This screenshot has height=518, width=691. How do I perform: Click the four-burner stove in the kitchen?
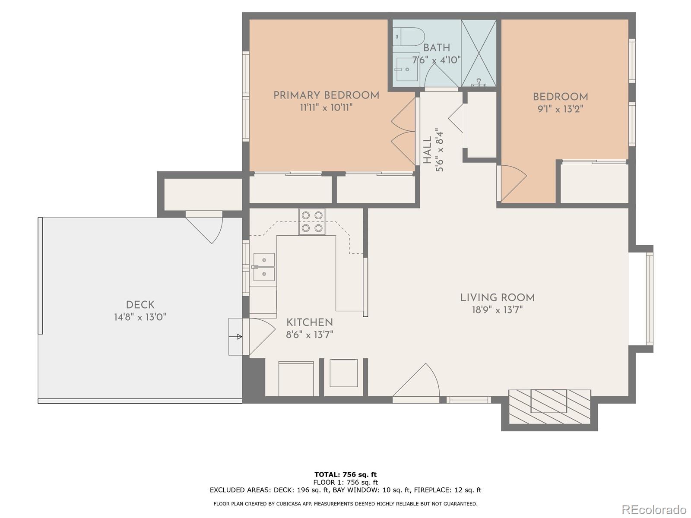312,221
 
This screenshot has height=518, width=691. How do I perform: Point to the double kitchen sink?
263,267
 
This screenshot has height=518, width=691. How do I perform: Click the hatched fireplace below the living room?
549,407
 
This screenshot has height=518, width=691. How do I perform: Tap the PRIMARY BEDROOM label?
326,95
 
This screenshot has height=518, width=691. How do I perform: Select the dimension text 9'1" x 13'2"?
560,109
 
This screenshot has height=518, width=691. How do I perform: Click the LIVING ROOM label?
497,297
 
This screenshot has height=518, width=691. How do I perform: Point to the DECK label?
140,305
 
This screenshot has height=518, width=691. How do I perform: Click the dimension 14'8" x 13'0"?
140,317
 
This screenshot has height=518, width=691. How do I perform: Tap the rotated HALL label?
427,150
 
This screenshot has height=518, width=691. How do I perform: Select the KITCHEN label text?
310,322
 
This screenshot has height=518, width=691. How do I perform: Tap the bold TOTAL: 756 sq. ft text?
345,474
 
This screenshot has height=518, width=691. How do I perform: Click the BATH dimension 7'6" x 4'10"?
436,60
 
